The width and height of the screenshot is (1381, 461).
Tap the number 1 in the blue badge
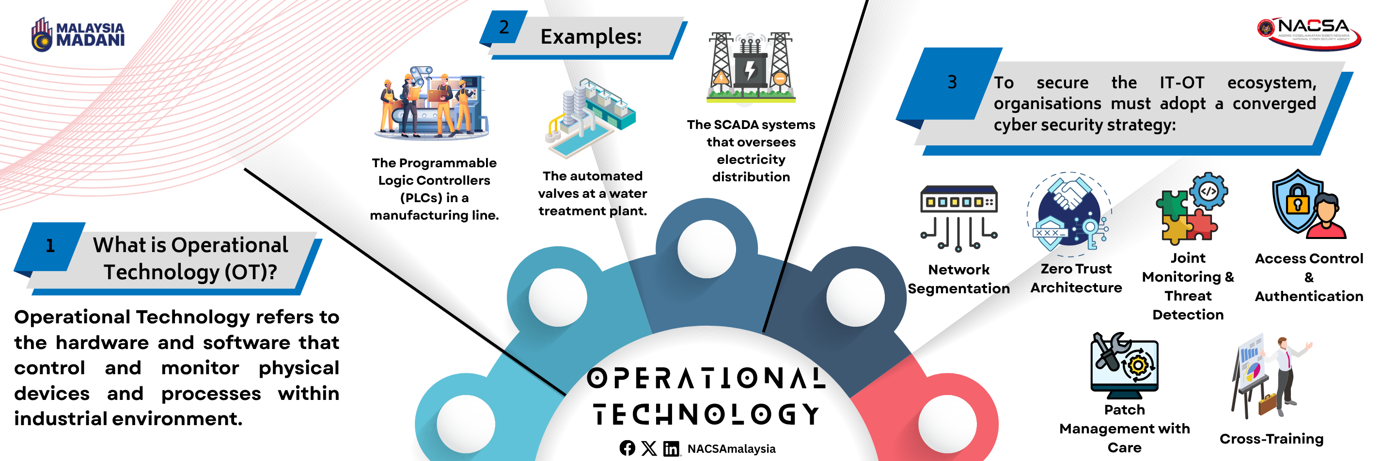(50, 245)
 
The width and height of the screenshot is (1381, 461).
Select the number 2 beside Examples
(504, 27)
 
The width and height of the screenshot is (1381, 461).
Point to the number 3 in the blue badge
(952, 82)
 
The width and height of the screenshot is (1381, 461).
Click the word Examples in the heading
(591, 36)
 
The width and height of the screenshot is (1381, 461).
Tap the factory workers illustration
(432, 103)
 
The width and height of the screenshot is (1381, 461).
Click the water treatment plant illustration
(591, 118)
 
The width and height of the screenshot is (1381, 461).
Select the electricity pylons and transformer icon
(751, 67)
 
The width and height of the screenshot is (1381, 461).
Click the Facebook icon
(627, 448)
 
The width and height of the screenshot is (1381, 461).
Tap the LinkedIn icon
(671, 449)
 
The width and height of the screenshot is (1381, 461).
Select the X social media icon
(649, 448)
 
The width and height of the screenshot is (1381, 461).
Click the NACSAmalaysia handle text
(731, 449)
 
